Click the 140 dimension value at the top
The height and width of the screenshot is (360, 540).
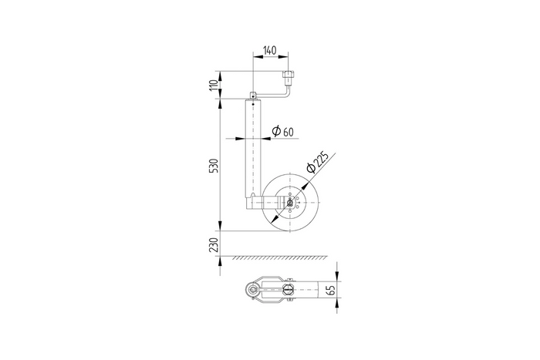coord(270,50)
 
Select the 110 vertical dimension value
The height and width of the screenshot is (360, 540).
coord(214,85)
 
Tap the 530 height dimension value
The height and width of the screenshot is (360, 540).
coord(214,166)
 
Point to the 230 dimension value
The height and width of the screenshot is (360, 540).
coord(214,245)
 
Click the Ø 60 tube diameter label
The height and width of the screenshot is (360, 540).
coord(282,132)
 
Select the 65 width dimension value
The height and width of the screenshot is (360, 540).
coord(332,291)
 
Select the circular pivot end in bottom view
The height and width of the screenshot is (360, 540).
coord(251,291)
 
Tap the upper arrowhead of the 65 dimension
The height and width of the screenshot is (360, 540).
coord(338,276)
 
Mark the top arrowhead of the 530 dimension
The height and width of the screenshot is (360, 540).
coord(220,102)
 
